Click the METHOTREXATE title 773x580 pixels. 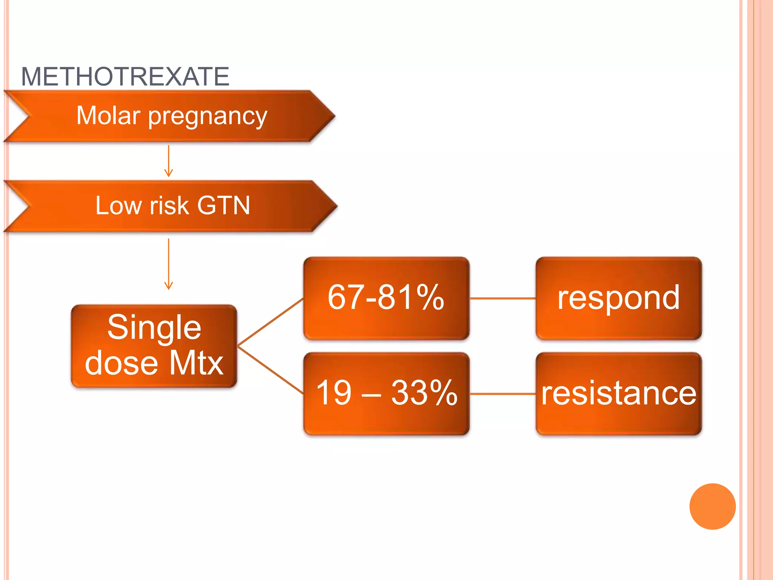pos(125,77)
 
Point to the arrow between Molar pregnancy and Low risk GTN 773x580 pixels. pos(169,161)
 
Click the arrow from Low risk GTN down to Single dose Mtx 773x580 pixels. pos(169,264)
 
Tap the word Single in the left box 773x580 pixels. pos(154,327)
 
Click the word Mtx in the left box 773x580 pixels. pos(196,363)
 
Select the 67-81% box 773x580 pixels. pos(386,298)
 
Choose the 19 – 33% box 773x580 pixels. pos(386,393)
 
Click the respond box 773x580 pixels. pos(619,298)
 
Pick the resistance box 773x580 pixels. pos(619,393)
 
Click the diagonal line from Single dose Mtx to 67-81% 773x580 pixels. pos(271,322)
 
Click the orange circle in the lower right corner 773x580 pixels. pos(712,506)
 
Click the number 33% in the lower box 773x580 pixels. pos(424,393)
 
